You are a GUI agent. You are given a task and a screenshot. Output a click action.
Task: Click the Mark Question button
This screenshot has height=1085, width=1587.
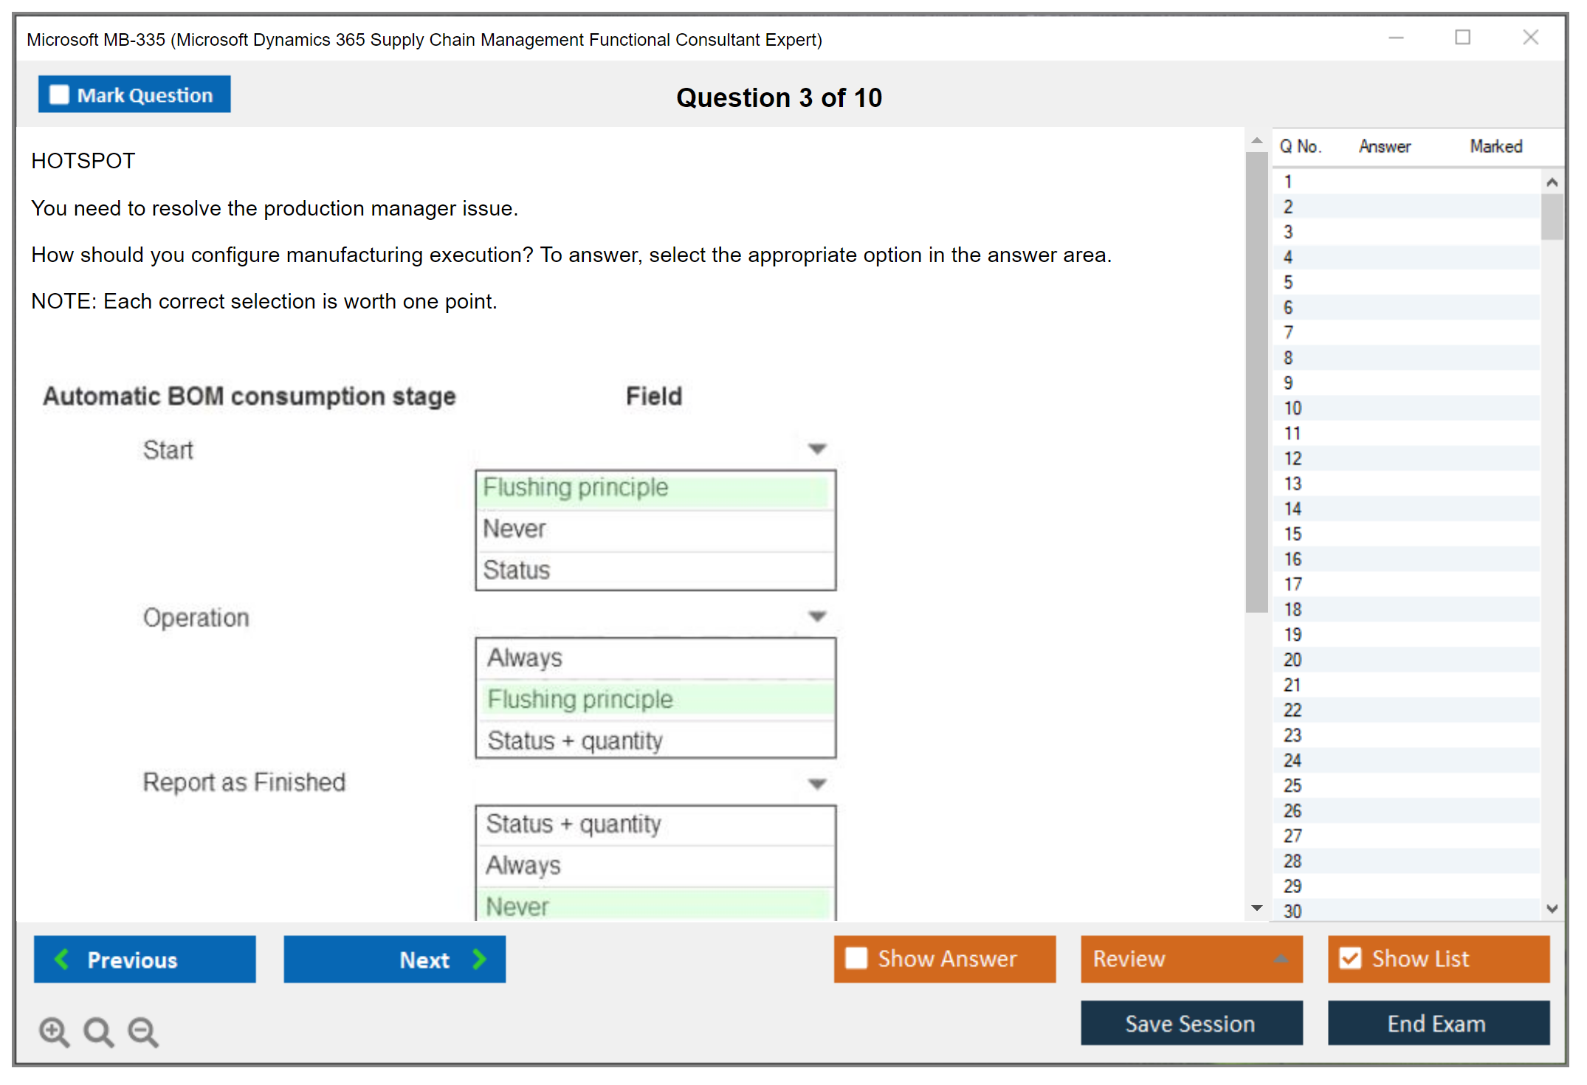[x=134, y=94]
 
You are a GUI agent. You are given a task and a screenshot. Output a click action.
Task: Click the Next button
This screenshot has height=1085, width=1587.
[x=395, y=959]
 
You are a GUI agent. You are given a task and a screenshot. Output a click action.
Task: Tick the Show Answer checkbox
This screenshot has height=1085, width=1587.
[x=856, y=958]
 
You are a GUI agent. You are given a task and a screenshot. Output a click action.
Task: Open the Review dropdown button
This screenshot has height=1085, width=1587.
[x=1191, y=959]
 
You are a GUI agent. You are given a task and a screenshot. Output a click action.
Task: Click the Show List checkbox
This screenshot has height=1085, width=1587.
[x=1351, y=958]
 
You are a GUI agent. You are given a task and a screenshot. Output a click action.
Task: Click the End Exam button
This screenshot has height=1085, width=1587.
[x=1438, y=1023]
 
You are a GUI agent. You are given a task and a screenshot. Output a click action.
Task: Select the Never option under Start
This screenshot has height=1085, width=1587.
[x=514, y=528]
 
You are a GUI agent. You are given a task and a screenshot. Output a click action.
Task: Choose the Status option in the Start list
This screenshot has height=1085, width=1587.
[x=517, y=570]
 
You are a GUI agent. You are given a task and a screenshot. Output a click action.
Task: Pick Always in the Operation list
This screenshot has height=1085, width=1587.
[x=525, y=658]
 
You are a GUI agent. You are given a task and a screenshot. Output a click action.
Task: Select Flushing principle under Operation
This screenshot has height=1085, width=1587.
[x=580, y=699]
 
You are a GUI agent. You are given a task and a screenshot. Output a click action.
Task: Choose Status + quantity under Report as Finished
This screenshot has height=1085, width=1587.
[x=574, y=824]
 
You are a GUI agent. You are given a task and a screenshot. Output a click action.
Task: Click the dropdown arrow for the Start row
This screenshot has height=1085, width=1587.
[x=817, y=449]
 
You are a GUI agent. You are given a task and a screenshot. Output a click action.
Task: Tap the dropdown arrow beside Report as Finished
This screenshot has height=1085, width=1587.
[x=817, y=784]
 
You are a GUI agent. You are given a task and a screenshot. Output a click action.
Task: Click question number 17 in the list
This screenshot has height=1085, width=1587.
[x=1292, y=584]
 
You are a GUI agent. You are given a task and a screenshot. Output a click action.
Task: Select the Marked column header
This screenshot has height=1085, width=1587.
[x=1496, y=146]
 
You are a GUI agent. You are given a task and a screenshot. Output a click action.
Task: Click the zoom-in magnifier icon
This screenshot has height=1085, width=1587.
[x=55, y=1031]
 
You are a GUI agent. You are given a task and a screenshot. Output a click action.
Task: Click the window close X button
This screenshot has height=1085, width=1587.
[x=1531, y=37]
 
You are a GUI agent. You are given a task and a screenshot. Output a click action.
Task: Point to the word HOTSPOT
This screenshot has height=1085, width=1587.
[x=83, y=161]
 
